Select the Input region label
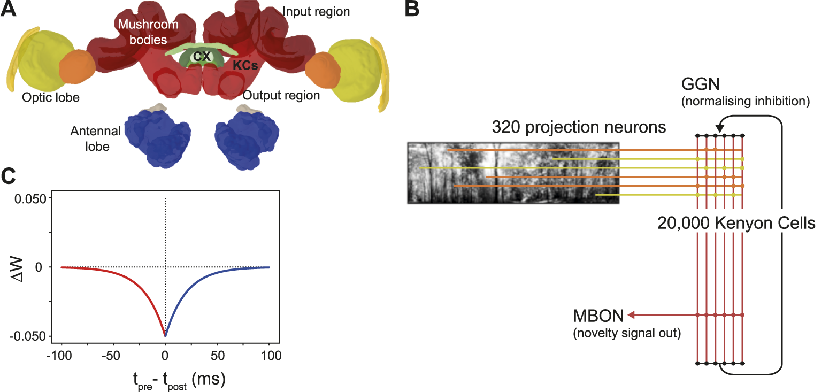[316, 11]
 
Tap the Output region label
[281, 96]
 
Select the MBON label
[598, 316]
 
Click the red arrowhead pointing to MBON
[632, 314]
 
